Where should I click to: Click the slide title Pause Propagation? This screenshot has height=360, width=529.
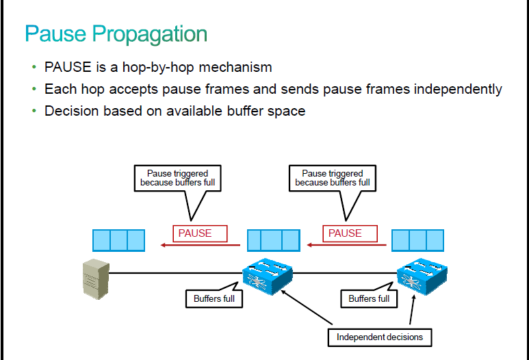coord(116,34)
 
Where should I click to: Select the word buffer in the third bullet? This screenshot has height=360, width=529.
coord(245,111)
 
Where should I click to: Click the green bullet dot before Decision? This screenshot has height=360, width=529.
coord(34,111)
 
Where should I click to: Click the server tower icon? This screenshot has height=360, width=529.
coord(96,279)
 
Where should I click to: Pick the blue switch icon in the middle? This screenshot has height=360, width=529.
coord(268,276)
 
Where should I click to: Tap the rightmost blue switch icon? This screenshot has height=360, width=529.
coord(422,276)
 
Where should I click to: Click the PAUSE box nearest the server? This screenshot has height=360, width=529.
coord(200,233)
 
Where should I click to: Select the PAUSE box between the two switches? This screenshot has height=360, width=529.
coord(350,233)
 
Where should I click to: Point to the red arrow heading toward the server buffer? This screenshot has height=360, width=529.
coord(201,245)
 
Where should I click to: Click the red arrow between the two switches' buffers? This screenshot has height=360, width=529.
coord(346,245)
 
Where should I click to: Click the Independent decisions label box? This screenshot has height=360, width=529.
coord(380,337)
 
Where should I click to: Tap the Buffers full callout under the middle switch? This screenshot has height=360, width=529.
coord(214,298)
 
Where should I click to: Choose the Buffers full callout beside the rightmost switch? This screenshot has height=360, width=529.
coord(369,298)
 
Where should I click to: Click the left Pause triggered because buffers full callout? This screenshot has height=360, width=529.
coord(178,178)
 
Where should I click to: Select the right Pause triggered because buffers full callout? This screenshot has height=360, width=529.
coord(333,178)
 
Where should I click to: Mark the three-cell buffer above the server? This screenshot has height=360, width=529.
coord(119,240)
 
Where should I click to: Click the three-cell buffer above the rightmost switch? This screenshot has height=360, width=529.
coord(417,240)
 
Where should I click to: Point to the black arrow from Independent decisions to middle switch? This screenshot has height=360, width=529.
coord(307,307)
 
